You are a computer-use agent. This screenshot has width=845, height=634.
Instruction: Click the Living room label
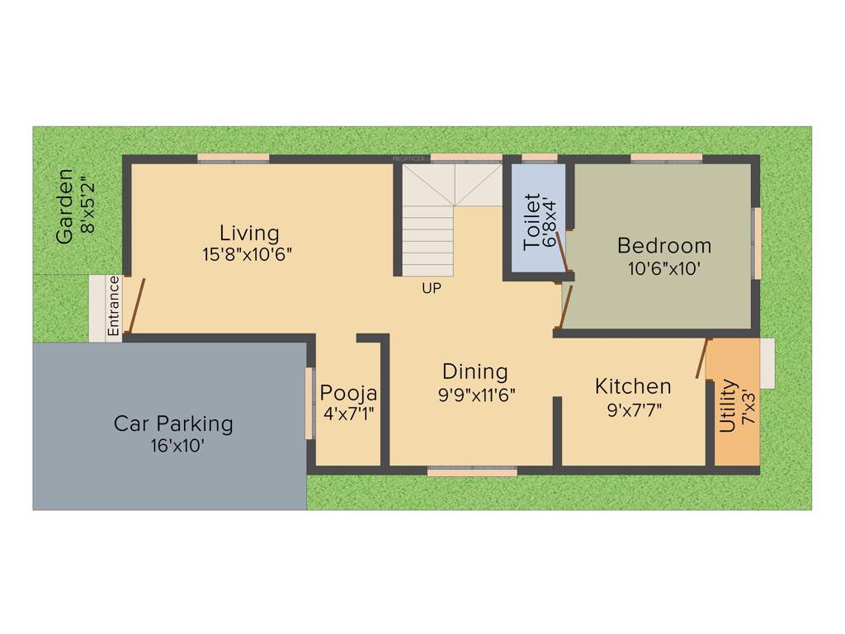coord(249,233)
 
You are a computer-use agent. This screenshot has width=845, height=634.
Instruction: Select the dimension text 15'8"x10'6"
coord(248,254)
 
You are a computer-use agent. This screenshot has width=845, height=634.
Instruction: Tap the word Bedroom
coord(664,245)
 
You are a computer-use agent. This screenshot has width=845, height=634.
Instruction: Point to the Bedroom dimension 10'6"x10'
coord(664,267)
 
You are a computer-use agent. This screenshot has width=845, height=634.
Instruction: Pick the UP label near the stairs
coord(431,289)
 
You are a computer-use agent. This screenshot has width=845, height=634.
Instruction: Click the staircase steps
coord(427,239)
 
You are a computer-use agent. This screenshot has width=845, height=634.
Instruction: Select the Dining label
coord(474,371)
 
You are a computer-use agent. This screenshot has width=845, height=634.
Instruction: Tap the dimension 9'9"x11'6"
coord(477,394)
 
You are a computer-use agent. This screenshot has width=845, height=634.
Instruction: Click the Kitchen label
coord(633,386)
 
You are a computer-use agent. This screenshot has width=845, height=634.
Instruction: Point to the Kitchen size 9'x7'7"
coord(634,408)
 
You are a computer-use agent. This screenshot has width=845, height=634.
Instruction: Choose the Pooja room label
coord(348,392)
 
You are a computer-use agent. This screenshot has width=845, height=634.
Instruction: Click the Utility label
coord(728,405)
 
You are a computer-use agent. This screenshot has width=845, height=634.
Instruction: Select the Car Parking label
coord(173,424)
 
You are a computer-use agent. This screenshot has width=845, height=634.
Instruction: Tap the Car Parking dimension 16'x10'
coord(172,447)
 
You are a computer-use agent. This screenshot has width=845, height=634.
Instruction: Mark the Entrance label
coord(114,305)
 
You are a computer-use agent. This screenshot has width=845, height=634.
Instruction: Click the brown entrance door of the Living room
coord(135,305)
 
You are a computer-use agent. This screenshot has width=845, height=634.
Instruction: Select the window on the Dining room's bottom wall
coord(472,471)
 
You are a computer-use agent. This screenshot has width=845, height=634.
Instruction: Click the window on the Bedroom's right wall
coord(756,244)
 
